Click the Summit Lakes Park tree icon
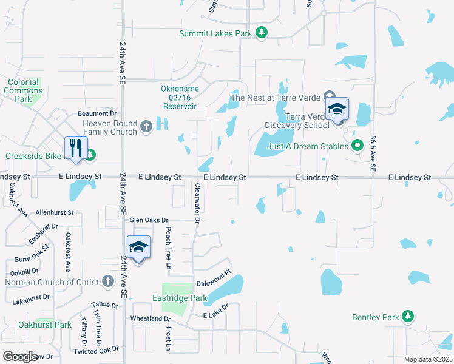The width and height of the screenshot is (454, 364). pos(261,33)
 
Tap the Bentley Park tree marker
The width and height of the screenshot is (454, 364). pos(408,317)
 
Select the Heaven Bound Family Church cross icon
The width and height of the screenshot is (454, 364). pos(146,126)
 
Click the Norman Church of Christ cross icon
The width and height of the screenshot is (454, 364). pos(108,281)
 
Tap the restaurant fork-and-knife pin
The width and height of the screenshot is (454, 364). pos(76,147)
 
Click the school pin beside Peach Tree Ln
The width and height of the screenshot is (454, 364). pos(139,247)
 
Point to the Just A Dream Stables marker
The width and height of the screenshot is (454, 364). pos(357,146)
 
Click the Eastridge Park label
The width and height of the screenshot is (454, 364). pos(181,298)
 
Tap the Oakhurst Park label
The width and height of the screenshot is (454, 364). pos(45,325)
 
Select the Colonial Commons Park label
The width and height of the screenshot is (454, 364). pos(23,90)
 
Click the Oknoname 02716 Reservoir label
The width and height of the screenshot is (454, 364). pos(180,97)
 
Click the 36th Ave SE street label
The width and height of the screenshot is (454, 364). pos(374,152)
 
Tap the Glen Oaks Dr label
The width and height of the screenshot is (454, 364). pos(148,220)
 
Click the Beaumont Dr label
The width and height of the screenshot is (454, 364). pos(97,113)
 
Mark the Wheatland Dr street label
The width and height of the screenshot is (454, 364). pos(151,318)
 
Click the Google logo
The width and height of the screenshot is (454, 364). pos(20,356)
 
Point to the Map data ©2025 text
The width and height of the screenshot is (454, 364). pos(428,359)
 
